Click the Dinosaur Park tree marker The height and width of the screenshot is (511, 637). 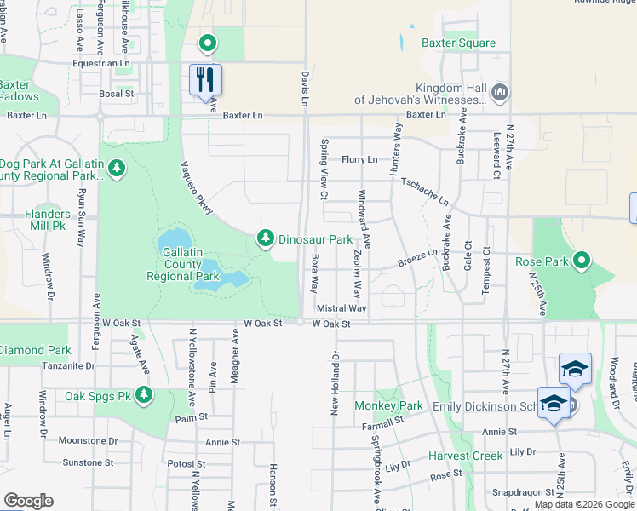tap(266, 239)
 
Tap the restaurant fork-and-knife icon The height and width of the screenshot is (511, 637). tap(205, 80)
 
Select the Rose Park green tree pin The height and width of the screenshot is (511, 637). tap(582, 260)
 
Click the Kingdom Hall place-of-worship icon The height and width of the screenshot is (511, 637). tap(500, 91)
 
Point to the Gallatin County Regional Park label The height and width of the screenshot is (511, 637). tap(183, 261)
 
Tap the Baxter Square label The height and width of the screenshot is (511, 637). tap(458, 43)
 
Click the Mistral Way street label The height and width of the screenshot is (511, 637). tap(341, 308)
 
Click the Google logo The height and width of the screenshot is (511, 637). tap(28, 501)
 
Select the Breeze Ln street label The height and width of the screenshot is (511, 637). tap(416, 257)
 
